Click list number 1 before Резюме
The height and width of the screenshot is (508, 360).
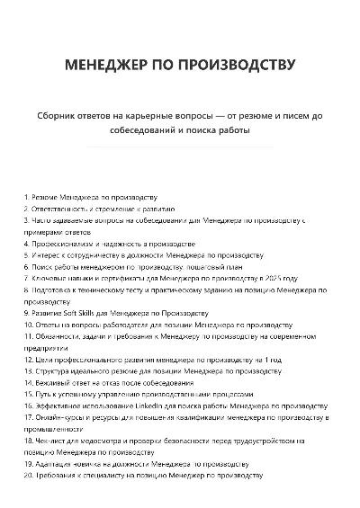click(x=26, y=196)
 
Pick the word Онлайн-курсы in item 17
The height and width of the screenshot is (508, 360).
click(x=57, y=417)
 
